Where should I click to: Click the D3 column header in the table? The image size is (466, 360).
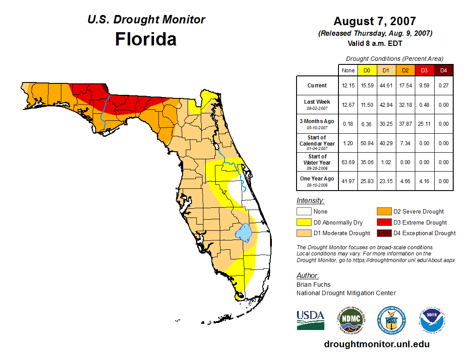[425, 70]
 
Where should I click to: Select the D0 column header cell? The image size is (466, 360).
[367, 70]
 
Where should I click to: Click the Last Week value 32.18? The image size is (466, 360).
[405, 105]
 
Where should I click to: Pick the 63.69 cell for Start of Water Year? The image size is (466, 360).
[348, 162]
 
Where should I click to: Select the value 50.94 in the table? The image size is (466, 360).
[367, 143]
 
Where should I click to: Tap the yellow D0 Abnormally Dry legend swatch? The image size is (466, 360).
[304, 222]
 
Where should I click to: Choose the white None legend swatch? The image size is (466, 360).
[304, 211]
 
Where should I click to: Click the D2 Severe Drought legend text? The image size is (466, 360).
[418, 211]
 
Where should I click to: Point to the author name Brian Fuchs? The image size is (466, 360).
[313, 285]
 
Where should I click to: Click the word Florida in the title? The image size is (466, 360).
[146, 39]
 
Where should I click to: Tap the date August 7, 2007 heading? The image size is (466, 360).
[375, 21]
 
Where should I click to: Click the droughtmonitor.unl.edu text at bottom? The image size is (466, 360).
[376, 344]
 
